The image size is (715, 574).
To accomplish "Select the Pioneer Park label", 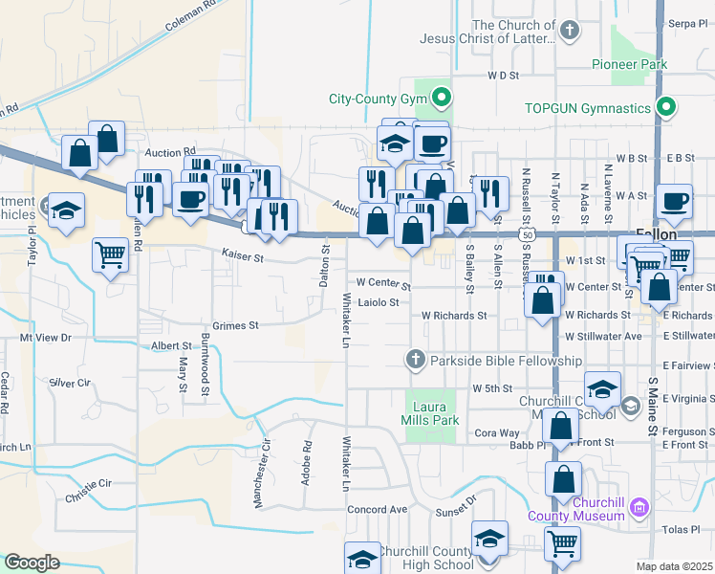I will point(628,65).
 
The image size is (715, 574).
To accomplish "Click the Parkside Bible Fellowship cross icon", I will point(415,361).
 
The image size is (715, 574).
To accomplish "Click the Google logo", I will point(32,563).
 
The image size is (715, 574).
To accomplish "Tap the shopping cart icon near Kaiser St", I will point(110,255).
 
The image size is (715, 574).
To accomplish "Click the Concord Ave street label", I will point(378,509).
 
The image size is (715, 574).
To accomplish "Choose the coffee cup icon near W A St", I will point(675,201).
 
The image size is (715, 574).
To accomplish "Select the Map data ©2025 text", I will point(675,566).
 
